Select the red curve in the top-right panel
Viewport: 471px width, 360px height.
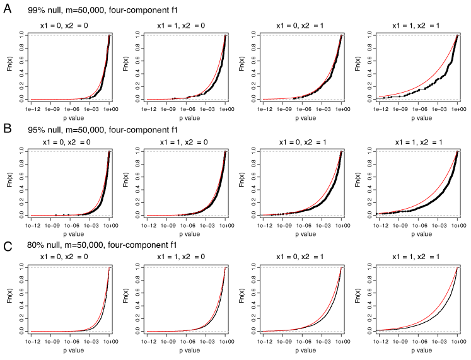coord(435,73)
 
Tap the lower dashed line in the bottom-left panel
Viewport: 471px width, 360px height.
coord(50,331)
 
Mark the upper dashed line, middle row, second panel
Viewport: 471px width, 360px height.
coord(177,151)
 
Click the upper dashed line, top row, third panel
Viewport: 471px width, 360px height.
coord(290,35)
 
